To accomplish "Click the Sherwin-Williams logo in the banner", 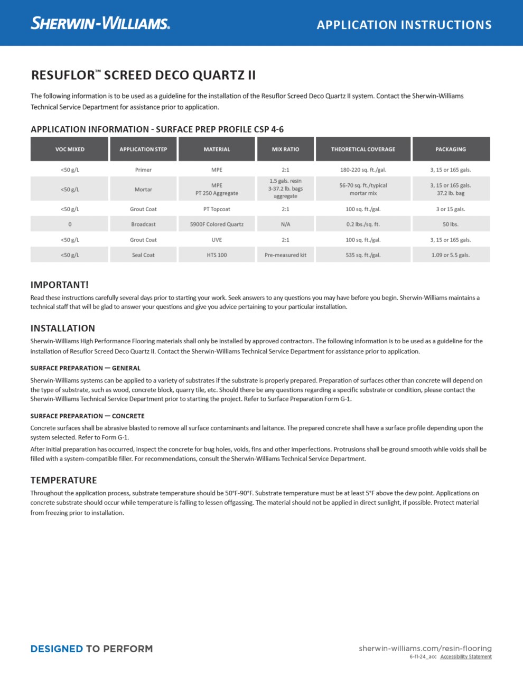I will [x=100, y=23].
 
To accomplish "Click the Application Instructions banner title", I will [x=404, y=25].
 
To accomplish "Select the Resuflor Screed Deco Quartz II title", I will [x=143, y=75].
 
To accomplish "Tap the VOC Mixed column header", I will [x=70, y=149].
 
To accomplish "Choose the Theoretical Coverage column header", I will [x=363, y=149].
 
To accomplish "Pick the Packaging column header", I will [x=451, y=149].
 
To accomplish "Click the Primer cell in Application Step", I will [x=143, y=170].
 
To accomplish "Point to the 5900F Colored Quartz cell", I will [x=217, y=224].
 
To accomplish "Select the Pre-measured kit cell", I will [x=285, y=255].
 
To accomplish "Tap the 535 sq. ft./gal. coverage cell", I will [x=363, y=255].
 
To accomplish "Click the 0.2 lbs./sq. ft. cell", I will [x=363, y=224].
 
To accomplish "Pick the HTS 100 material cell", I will [x=217, y=255].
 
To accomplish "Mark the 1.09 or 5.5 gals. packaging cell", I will [x=451, y=255].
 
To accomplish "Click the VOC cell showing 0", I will [x=70, y=224].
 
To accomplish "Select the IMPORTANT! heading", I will [x=60, y=285].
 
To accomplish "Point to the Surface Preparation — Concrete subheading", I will [x=87, y=416].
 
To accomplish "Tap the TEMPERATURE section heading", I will [x=64, y=480].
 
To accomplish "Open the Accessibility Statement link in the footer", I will [x=466, y=657].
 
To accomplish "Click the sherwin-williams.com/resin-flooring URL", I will [x=425, y=649].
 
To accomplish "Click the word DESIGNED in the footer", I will [x=57, y=649].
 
